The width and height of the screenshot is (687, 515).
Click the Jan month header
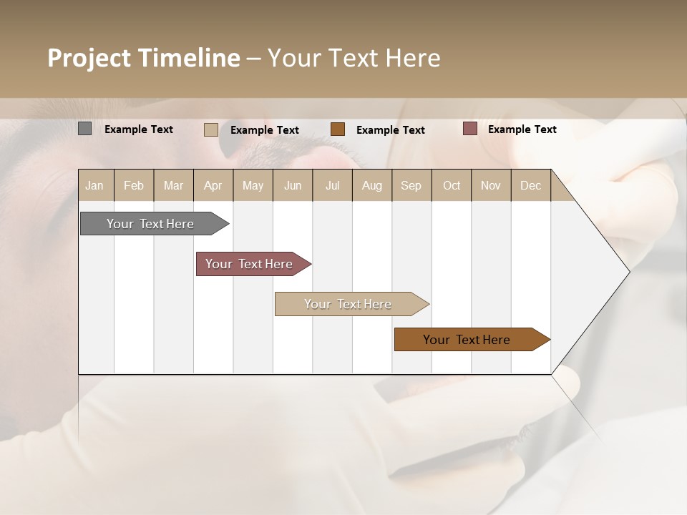click(x=95, y=185)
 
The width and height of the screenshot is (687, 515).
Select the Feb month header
click(x=134, y=185)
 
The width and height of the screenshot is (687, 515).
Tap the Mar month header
click(x=173, y=185)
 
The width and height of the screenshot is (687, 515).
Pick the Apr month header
click(x=213, y=185)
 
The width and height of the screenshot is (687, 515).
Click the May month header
click(x=253, y=185)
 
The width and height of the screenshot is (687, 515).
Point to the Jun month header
click(x=293, y=185)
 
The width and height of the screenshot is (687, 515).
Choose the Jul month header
click(x=332, y=185)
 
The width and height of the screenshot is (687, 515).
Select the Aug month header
click(x=372, y=185)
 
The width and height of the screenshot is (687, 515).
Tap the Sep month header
click(x=411, y=185)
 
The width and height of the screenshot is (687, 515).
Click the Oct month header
click(x=452, y=185)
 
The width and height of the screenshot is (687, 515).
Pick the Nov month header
click(x=491, y=185)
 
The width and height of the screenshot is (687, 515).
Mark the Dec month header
click(x=531, y=185)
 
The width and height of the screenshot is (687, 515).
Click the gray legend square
click(x=85, y=129)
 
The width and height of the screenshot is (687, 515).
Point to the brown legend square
click(x=338, y=129)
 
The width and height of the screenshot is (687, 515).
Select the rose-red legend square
click(x=469, y=129)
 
